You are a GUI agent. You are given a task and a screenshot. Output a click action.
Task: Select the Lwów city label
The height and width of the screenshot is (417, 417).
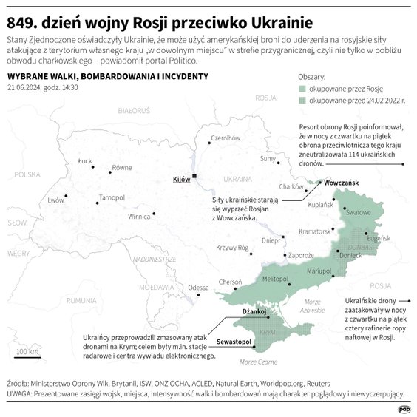[x=55, y=200]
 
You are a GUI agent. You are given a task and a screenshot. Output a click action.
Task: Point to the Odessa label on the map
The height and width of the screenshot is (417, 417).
[x=198, y=288]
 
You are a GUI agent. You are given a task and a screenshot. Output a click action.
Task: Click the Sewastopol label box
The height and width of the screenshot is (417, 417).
[x=235, y=343]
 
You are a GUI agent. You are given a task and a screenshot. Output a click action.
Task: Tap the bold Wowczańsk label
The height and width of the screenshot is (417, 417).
[x=341, y=182]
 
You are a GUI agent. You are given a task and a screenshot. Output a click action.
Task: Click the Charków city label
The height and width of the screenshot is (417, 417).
[x=291, y=186]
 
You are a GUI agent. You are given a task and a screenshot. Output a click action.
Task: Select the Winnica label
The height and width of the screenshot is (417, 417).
[x=139, y=217]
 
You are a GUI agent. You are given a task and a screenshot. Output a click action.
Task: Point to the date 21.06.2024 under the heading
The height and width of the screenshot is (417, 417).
[x=25, y=87]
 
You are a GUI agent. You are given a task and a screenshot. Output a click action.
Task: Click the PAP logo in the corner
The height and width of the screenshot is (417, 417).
[x=404, y=407]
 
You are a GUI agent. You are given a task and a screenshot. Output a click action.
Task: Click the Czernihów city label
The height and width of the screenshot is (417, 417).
[x=226, y=138]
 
